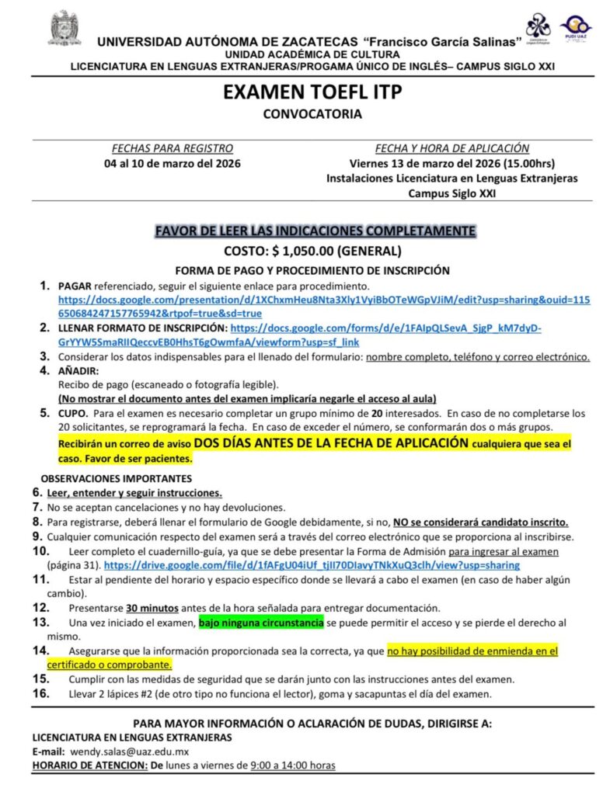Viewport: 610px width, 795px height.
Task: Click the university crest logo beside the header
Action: [65, 28]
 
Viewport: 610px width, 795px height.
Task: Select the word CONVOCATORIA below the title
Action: [312, 114]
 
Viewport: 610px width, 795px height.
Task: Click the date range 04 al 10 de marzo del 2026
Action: [173, 164]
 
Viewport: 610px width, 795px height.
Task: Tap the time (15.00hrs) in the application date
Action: [528, 164]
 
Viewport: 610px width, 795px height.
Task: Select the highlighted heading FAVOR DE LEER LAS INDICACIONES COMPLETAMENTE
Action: [315, 231]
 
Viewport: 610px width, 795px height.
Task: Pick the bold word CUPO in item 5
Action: [75, 414]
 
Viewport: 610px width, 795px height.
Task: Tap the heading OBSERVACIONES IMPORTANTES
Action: [116, 478]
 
